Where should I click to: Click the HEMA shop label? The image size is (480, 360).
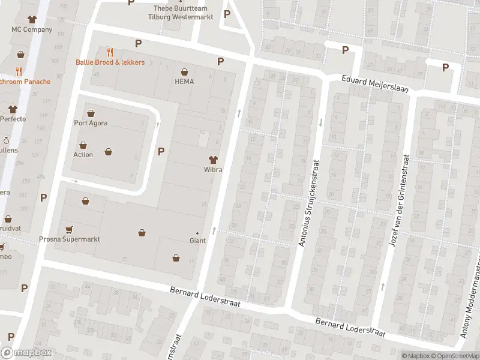184,82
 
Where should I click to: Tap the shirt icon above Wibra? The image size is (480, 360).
212,160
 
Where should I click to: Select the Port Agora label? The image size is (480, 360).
91,123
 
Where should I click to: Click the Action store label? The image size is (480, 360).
83,154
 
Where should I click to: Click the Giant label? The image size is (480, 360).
197,241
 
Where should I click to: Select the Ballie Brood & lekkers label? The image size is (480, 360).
110,62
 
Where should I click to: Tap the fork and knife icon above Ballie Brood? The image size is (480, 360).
109,52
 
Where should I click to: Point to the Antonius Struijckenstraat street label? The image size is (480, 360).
310,203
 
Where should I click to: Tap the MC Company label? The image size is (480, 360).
32,29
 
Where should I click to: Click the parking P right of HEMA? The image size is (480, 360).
220,61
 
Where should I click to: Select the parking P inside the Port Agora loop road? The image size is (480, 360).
160,151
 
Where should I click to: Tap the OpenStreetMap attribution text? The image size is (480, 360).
456,356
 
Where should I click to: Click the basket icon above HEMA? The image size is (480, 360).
184,71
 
